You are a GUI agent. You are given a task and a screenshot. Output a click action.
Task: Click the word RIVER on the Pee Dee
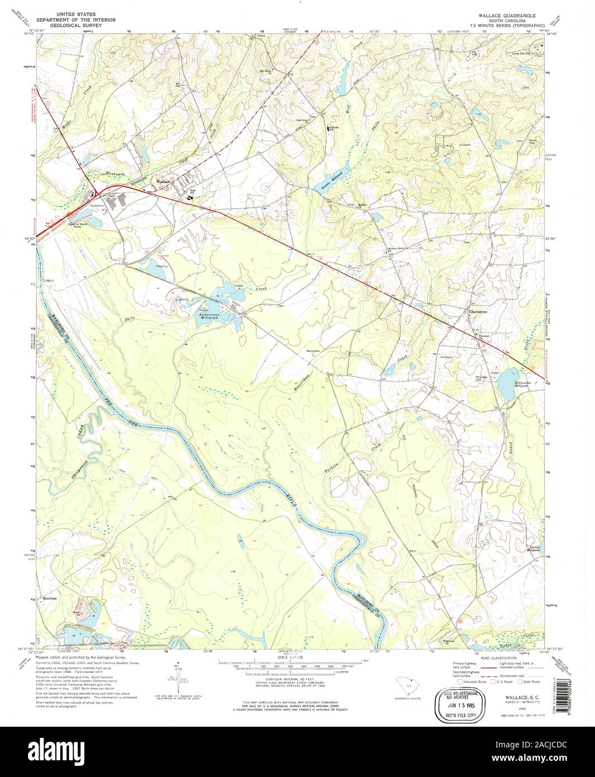(x=288, y=500)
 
